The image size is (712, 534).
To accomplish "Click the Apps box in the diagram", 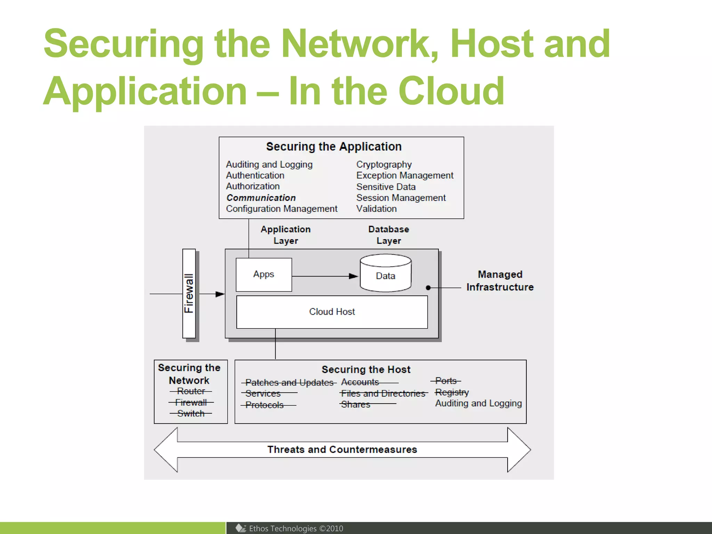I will (x=264, y=275).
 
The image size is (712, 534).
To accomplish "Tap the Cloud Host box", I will (x=332, y=312).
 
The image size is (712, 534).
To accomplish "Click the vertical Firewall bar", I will (x=189, y=293).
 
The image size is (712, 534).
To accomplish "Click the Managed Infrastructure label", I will (x=500, y=281).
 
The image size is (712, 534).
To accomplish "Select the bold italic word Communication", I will (x=261, y=198).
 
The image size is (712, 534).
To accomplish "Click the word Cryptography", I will (x=384, y=164).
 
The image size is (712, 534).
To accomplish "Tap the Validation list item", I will (x=376, y=209).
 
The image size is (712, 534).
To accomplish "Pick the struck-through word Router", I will (x=191, y=391).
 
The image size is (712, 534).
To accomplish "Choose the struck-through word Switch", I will (x=191, y=414).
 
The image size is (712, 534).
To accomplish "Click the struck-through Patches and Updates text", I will (x=289, y=383).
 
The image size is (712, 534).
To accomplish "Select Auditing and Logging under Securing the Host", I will (x=478, y=403).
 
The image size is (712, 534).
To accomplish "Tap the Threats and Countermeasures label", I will (x=342, y=450).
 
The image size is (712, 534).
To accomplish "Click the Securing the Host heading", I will (x=366, y=370).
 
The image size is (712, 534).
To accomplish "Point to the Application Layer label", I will (x=285, y=235).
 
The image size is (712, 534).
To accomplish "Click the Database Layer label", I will (x=388, y=235).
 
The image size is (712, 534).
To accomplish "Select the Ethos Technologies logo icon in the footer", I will (x=241, y=528).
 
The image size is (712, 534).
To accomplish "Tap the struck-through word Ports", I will (x=446, y=381).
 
